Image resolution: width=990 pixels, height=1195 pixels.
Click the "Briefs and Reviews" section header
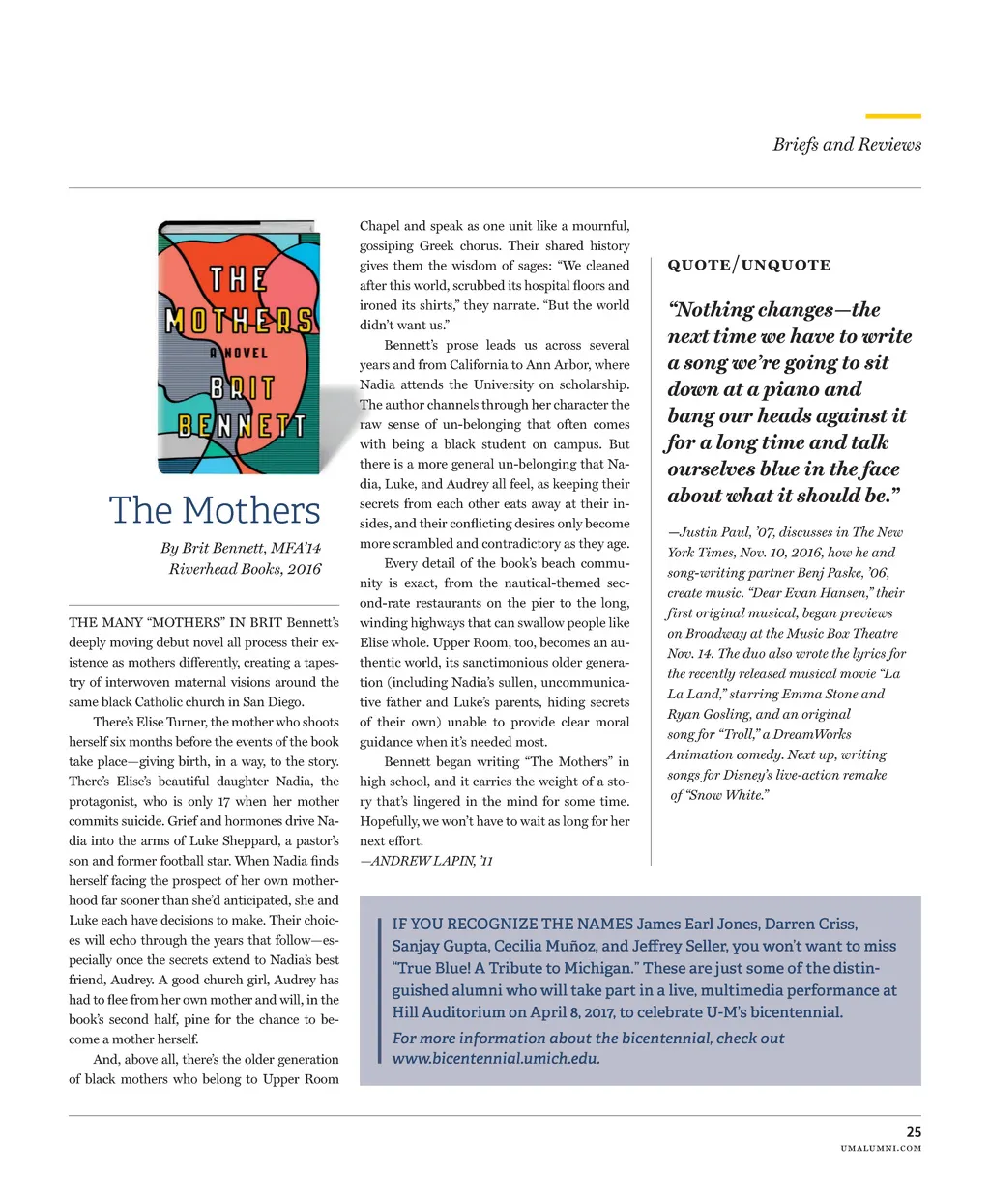point(846,144)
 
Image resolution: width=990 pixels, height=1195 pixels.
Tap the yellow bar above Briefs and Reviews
point(892,116)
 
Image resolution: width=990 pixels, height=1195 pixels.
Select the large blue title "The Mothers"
point(214,510)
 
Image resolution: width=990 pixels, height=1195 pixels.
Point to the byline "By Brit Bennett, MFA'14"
point(241,548)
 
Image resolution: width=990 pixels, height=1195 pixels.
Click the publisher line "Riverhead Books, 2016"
point(245,569)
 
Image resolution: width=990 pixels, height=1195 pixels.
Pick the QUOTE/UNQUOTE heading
point(748,265)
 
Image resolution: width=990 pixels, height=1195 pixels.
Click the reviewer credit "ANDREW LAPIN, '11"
point(426,860)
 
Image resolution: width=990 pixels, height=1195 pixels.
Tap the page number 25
point(913,1131)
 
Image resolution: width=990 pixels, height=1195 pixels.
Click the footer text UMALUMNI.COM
point(881,1148)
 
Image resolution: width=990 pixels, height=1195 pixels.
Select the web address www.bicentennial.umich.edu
point(496,1058)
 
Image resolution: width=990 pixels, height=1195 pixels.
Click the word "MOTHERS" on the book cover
point(239,321)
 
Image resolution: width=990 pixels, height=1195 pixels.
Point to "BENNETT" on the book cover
point(242,425)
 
